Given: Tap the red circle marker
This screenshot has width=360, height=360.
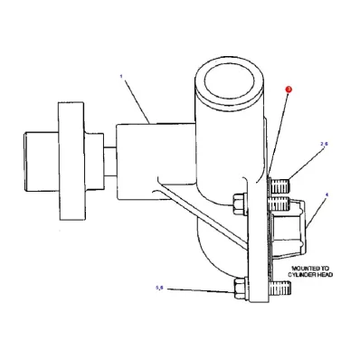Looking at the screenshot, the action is coord(288,90).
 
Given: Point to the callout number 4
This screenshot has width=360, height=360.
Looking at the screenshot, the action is coord(327,194).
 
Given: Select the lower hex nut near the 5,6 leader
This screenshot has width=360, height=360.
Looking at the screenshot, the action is coord(239,290).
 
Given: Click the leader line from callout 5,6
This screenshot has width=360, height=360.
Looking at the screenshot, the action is coord(199,289).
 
